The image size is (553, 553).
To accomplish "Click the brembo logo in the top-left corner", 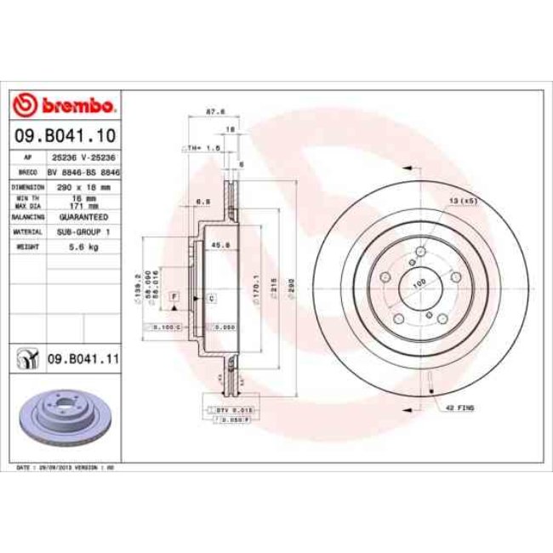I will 65,105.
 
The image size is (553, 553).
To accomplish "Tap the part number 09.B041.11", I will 83,361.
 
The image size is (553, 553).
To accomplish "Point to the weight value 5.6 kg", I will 83,246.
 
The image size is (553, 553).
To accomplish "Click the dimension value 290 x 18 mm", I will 83,185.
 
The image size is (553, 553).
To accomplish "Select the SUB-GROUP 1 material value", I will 83,231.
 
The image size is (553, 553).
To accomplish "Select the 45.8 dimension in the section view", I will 218,246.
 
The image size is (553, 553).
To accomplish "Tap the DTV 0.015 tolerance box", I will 220,410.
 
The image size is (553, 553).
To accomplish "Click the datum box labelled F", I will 174,295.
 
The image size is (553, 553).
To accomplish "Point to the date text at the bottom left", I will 66,468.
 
